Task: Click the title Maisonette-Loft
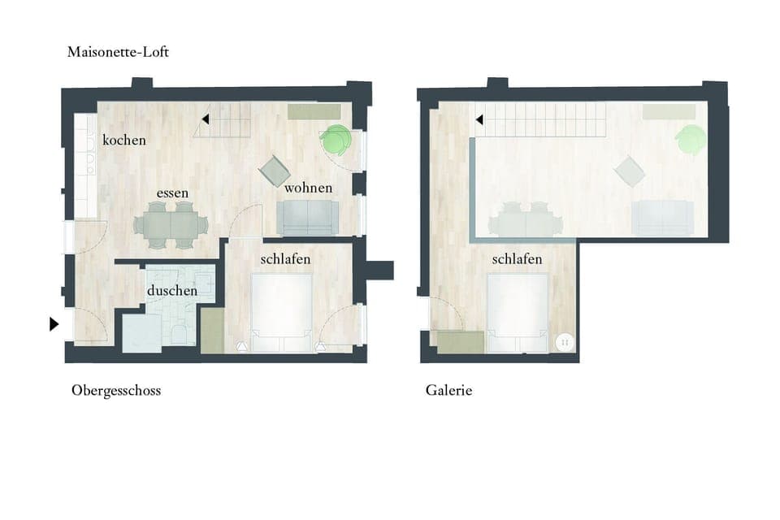(119, 52)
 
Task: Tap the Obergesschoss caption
(116, 391)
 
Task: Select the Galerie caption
(448, 391)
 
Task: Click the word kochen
(124, 141)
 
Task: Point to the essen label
(173, 193)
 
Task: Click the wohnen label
(308, 188)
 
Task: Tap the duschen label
(172, 290)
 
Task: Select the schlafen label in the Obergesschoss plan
(285, 260)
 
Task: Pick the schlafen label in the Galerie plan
(517, 260)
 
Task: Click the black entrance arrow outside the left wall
(54, 324)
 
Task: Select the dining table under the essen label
(171, 223)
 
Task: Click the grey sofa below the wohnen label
(308, 217)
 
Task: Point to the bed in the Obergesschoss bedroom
(282, 312)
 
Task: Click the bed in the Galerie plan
(517, 312)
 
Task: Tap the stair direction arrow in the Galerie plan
(479, 120)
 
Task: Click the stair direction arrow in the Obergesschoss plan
(206, 120)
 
